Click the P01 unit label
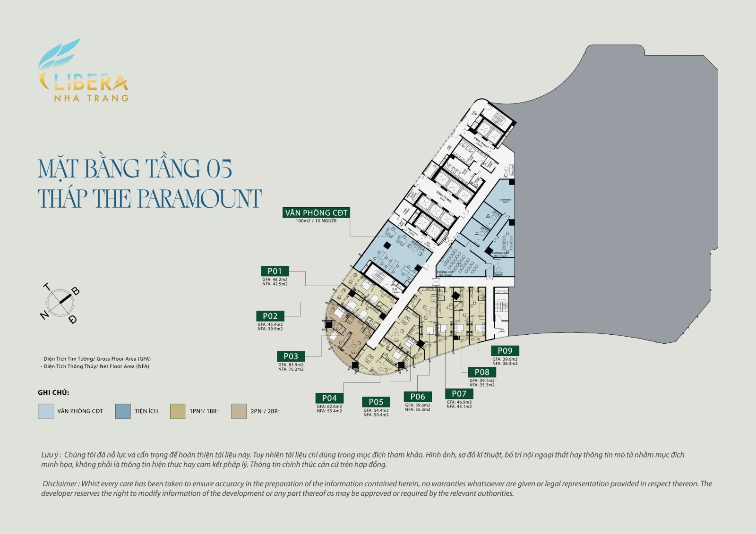click(x=275, y=271)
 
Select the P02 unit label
click(x=270, y=316)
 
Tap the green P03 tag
click(x=291, y=356)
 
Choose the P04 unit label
click(x=329, y=398)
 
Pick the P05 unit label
click(x=376, y=402)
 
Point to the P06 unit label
click(x=418, y=397)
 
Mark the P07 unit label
click(x=459, y=393)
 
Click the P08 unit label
click(x=482, y=372)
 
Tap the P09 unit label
click(x=505, y=351)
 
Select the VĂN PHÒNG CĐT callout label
click(x=316, y=213)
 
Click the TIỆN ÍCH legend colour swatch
click(x=123, y=411)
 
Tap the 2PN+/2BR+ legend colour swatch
click(x=239, y=411)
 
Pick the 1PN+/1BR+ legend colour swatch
click(x=178, y=411)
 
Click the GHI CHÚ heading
click(x=53, y=392)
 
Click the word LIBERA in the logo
click(x=85, y=83)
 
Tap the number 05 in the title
click(x=219, y=169)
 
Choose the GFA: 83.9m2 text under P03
click(x=291, y=365)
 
